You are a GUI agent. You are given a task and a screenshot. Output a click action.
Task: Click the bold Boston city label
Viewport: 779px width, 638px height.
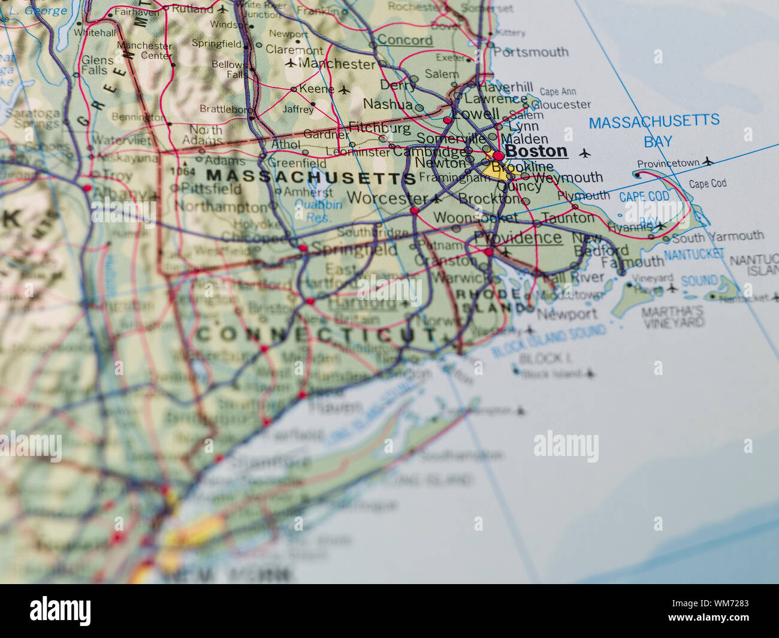pos(536,151)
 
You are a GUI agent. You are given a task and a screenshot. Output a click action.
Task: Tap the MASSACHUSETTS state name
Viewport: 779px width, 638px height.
pos(311,177)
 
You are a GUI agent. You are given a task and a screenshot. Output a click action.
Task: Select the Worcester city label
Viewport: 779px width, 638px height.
pos(387,197)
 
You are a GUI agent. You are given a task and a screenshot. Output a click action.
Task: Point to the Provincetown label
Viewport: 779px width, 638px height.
pos(668,164)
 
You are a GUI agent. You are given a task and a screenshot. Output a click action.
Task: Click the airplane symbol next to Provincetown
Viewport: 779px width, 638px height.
pos(708,161)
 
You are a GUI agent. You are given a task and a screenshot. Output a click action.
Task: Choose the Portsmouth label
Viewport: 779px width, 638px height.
pos(530,52)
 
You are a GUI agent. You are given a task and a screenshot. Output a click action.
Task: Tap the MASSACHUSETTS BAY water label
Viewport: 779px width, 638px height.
pos(654,131)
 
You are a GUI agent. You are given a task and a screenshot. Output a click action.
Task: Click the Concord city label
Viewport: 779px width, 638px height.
pos(404,40)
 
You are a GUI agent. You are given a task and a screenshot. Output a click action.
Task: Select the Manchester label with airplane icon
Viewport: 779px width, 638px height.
pos(337,64)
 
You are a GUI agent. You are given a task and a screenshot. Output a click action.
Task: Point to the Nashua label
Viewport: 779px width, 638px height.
pos(388,104)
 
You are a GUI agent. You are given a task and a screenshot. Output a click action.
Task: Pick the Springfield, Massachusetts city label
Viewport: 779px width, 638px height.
pos(354,249)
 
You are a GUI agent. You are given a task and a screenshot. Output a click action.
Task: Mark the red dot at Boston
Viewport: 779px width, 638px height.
pos(498,156)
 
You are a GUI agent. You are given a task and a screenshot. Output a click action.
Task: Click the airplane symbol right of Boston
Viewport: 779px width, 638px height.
pos(585,153)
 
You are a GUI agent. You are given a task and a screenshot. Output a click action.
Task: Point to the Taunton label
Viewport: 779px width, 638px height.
pos(568,218)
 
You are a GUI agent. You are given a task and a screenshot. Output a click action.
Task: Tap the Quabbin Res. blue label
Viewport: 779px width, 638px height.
pos(319,211)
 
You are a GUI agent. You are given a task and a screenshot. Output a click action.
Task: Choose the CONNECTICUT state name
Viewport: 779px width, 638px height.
pos(316,335)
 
